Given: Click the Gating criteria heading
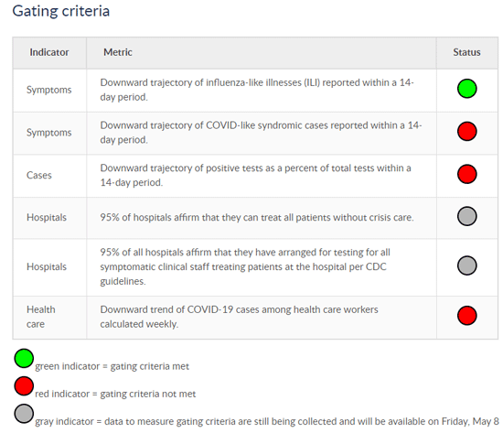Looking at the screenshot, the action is click(x=61, y=11).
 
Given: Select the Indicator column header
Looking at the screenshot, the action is click(x=49, y=52).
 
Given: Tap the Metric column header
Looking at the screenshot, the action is click(x=118, y=52).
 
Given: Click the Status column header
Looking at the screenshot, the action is click(x=466, y=52).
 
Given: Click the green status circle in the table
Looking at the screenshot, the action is click(x=466, y=88).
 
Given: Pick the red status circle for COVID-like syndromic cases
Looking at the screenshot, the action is click(x=466, y=131).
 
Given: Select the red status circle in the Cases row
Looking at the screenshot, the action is click(x=466, y=174).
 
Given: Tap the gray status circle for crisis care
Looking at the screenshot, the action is click(x=466, y=216).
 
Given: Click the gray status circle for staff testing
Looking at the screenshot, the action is click(x=466, y=265).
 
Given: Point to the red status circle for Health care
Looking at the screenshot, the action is click(x=466, y=316).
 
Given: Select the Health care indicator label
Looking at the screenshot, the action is click(x=41, y=317).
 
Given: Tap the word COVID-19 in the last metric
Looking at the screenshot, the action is click(x=209, y=309).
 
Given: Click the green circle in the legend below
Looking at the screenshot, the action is click(x=24, y=358).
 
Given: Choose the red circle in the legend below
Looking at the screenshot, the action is click(x=24, y=385).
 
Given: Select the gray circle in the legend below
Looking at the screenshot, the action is click(x=24, y=414).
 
